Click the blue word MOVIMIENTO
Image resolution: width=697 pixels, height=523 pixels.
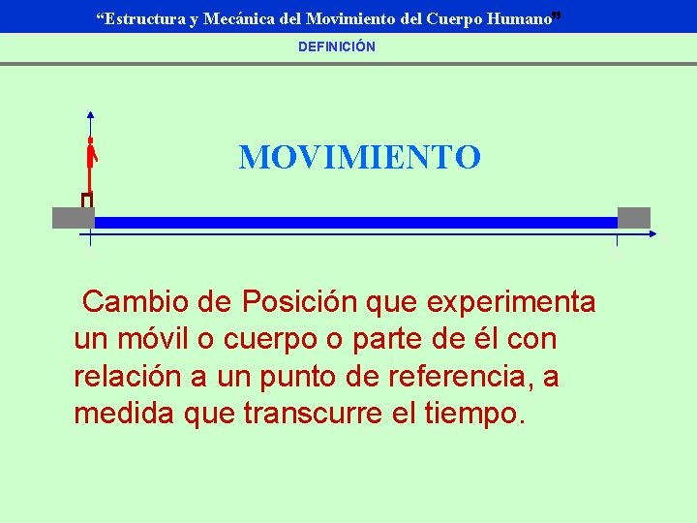coord(359,157)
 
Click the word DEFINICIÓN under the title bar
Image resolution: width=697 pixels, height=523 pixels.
coord(337,46)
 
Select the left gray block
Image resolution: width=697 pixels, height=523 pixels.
coord(73,218)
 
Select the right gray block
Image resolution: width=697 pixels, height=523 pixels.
coord(634,218)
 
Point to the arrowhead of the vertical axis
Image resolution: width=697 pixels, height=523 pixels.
coord(90,112)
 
